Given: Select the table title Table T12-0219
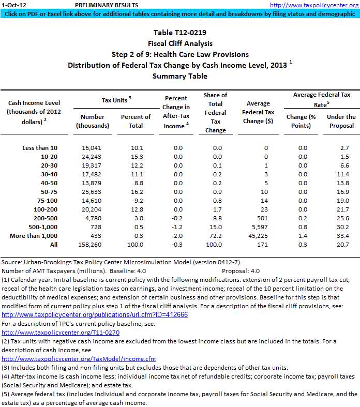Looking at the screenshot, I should [179, 33].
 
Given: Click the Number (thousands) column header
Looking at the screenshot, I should [93, 121].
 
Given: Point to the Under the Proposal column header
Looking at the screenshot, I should [341, 121].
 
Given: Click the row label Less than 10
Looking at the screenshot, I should [40, 148].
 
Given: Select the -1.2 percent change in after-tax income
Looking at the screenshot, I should [178, 227].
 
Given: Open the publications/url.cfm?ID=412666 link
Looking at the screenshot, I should [95, 314].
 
